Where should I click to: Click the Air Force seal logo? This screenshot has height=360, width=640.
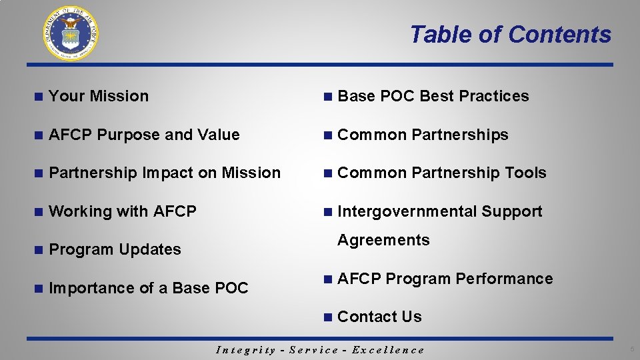tap(71, 33)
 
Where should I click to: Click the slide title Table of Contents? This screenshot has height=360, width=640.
tap(510, 34)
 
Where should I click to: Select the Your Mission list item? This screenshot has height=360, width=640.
tap(99, 96)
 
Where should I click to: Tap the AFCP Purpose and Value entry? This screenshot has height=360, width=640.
tap(144, 135)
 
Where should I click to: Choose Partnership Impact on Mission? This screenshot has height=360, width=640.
tap(165, 173)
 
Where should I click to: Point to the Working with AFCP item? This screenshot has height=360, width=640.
tap(123, 211)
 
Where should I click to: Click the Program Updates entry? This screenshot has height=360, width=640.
tap(115, 249)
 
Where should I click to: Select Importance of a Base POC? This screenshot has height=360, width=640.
tap(148, 288)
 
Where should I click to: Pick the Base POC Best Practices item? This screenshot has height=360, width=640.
tap(433, 96)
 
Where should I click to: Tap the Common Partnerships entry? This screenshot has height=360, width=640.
tap(423, 135)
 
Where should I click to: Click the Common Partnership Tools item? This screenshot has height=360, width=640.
tap(441, 173)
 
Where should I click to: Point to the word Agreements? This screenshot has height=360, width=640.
tap(383, 240)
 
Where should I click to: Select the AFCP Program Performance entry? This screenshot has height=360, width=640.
tap(445, 279)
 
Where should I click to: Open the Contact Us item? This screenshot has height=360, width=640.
tap(379, 317)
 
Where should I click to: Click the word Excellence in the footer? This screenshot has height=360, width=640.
tap(387, 350)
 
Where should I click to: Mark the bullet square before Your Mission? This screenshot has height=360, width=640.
tap(39, 97)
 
